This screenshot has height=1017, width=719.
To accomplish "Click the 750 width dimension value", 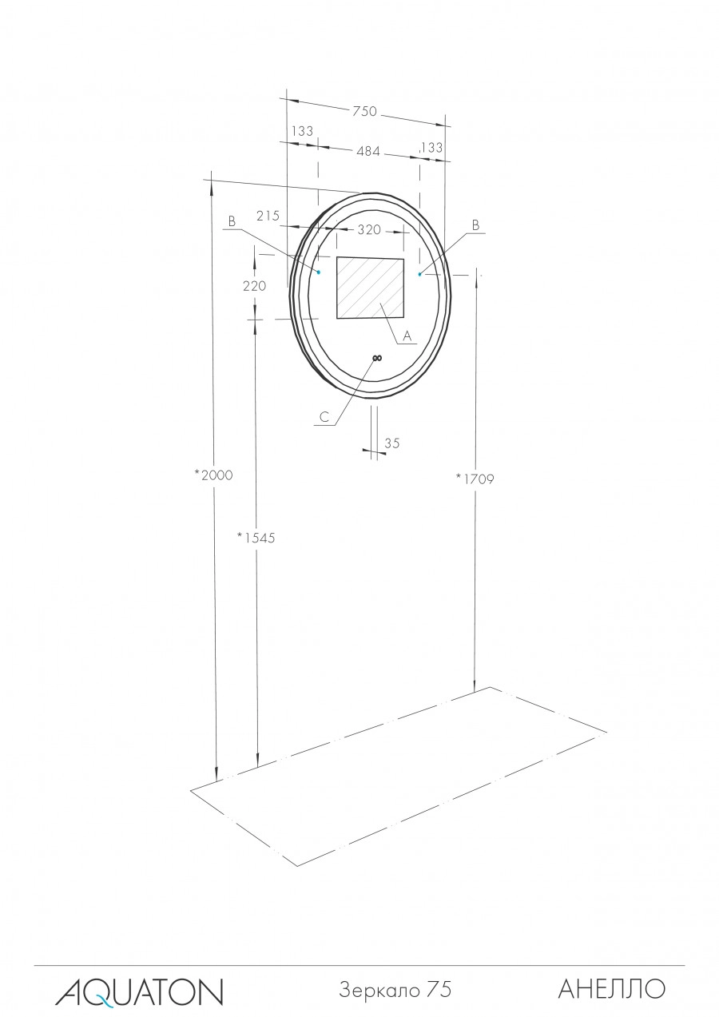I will pos(364,112).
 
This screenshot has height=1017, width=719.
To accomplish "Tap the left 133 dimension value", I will pos(302,131).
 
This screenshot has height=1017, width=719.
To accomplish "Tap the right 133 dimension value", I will pos(431,147).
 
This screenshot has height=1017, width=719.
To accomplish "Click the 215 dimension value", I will pos(268,216).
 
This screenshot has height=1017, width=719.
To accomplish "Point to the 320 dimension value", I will pos(368,230).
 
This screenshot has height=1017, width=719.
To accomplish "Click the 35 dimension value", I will pos(392,443).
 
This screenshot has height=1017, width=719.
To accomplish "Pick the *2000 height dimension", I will pos(213,475).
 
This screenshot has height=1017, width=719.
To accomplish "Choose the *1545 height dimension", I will pos(256,538).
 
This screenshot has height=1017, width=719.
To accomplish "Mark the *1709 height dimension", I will pos(475,479).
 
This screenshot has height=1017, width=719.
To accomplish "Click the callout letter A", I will pos(406,336).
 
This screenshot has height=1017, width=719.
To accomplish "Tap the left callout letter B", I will pos(232,222).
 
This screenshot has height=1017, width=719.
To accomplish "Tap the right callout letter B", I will pos(475,226).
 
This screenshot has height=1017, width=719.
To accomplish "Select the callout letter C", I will pos(324,416).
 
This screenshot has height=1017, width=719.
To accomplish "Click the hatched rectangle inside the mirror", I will pos(370,288).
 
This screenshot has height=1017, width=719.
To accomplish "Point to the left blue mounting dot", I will pos(318,272).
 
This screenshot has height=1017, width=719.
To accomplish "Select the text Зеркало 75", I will pos(395,990).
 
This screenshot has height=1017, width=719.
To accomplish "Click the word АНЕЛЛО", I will pos(611,989).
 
